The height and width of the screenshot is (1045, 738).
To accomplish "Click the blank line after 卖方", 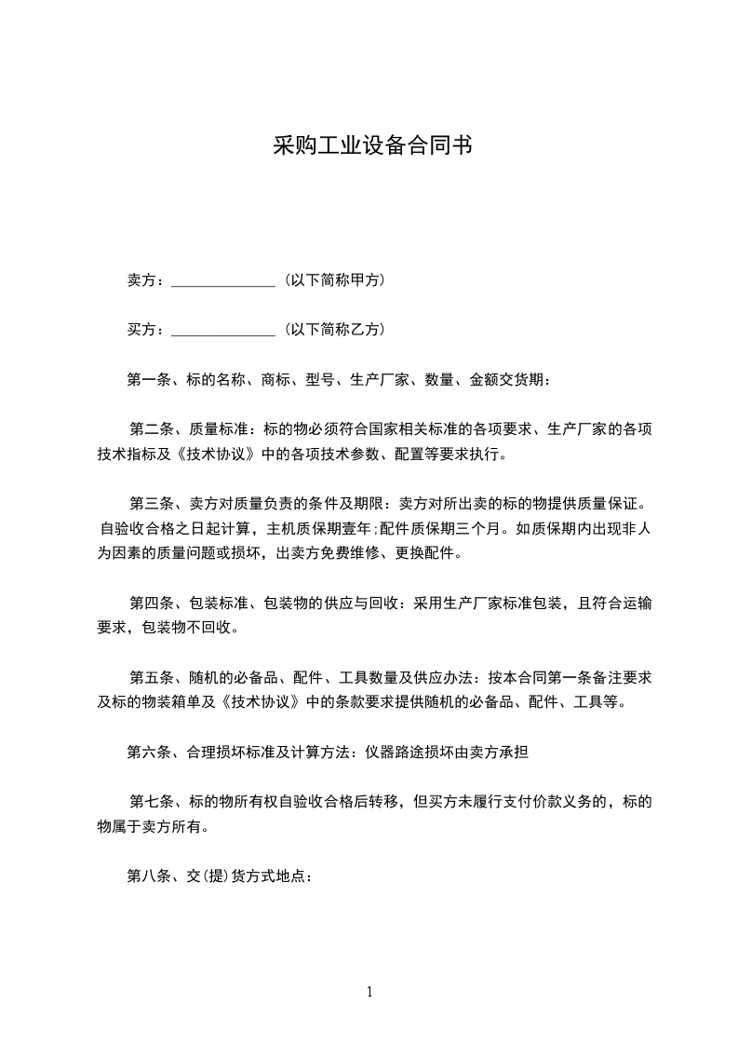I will pyautogui.click(x=223, y=280).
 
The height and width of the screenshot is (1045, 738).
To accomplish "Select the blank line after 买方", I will pyautogui.click(x=223, y=331).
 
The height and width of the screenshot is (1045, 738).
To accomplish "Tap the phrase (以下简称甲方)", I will pyautogui.click(x=335, y=280).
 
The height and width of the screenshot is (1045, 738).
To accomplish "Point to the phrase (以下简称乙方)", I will pyautogui.click(x=335, y=331).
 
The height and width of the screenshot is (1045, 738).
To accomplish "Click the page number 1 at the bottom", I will pyautogui.click(x=369, y=992).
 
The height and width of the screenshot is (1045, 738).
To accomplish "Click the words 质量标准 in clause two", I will pyautogui.click(x=219, y=430).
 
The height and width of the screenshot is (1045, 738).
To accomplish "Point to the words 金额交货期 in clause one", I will pyautogui.click(x=508, y=380).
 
